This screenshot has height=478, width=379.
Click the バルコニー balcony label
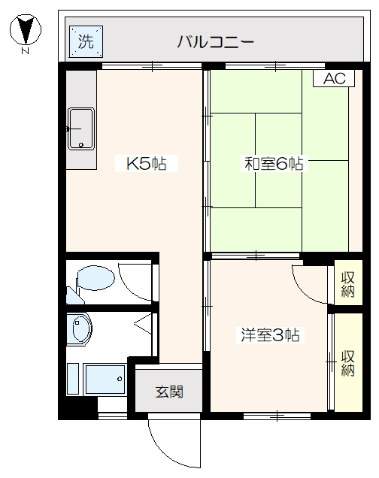(x=216, y=41)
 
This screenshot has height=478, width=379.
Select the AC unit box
(x=335, y=79)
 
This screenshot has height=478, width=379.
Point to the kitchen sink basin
(x=80, y=129)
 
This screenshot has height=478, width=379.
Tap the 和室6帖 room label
(x=273, y=162)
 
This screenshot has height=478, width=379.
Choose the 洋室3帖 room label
(x=270, y=335)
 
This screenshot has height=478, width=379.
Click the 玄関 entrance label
(x=168, y=392)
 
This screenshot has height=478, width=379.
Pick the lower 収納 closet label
(x=347, y=363)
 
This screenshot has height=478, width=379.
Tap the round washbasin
(x=79, y=329)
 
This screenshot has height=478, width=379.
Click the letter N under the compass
(x=26, y=52)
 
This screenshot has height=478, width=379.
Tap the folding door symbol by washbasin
(x=143, y=325)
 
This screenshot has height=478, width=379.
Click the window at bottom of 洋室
(x=277, y=415)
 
